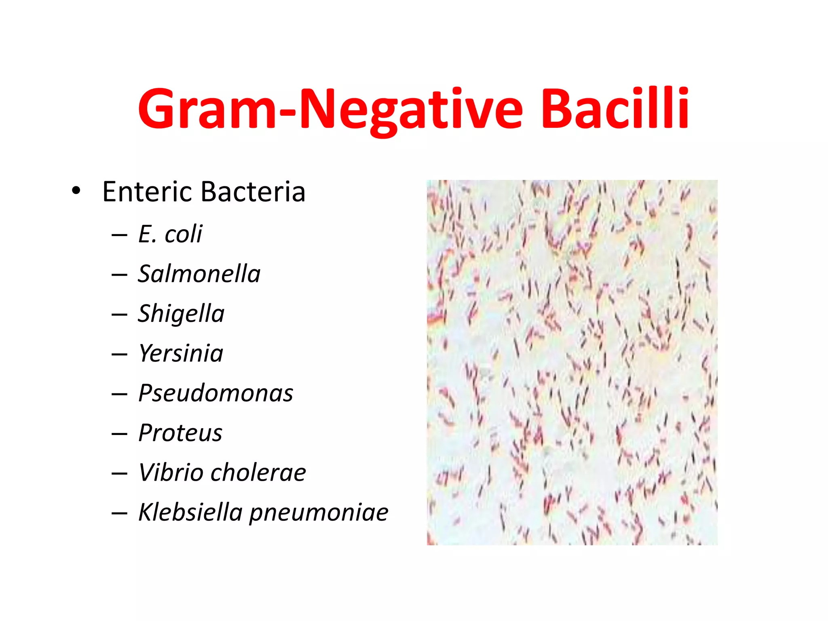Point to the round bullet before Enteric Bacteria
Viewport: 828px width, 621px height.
[76, 190]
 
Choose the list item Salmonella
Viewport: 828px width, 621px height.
[199, 274]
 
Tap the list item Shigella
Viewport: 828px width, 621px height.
[181, 313]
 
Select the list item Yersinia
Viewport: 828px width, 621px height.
[180, 353]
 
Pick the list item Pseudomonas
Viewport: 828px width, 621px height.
[215, 393]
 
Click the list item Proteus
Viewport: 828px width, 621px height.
[180, 433]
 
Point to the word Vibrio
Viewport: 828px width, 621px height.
[170, 472]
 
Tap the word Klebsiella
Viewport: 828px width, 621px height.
[190, 512]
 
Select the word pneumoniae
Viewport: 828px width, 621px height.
[319, 513]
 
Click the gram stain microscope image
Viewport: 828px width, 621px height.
[572, 362]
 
